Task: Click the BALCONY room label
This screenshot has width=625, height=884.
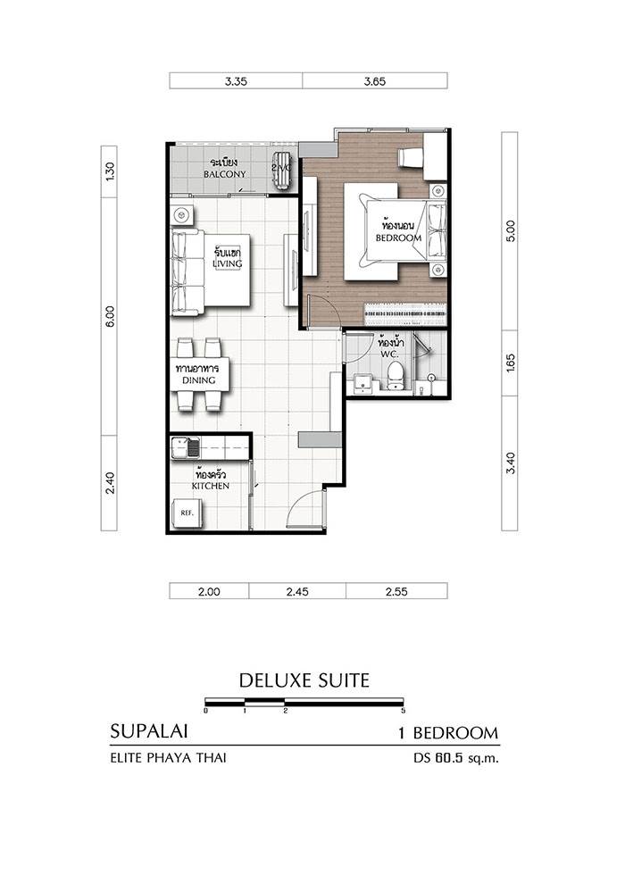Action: point(224,174)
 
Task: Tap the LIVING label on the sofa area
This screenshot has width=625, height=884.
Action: point(227,263)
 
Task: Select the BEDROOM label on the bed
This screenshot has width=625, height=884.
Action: point(398,238)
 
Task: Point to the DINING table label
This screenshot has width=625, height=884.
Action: point(198,380)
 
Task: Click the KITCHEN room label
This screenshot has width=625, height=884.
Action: point(210,486)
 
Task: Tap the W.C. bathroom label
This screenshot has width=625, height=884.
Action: point(389,354)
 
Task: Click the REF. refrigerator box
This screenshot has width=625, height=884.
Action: point(187,513)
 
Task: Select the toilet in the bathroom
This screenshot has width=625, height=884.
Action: point(395,375)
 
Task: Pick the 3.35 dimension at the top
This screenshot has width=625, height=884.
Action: point(236,81)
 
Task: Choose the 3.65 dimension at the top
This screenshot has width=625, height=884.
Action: point(375,81)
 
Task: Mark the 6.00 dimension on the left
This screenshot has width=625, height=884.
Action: point(109,316)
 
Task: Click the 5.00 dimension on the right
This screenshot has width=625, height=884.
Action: point(510,231)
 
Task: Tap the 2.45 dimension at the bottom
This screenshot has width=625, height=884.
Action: point(297,591)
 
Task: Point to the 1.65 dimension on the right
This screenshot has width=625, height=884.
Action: point(510,363)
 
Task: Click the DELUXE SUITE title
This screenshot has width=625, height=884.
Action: point(304,680)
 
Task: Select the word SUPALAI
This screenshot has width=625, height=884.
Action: point(149,731)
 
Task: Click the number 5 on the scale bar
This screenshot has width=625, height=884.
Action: point(403,711)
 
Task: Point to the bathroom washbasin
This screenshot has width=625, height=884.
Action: point(362,383)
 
